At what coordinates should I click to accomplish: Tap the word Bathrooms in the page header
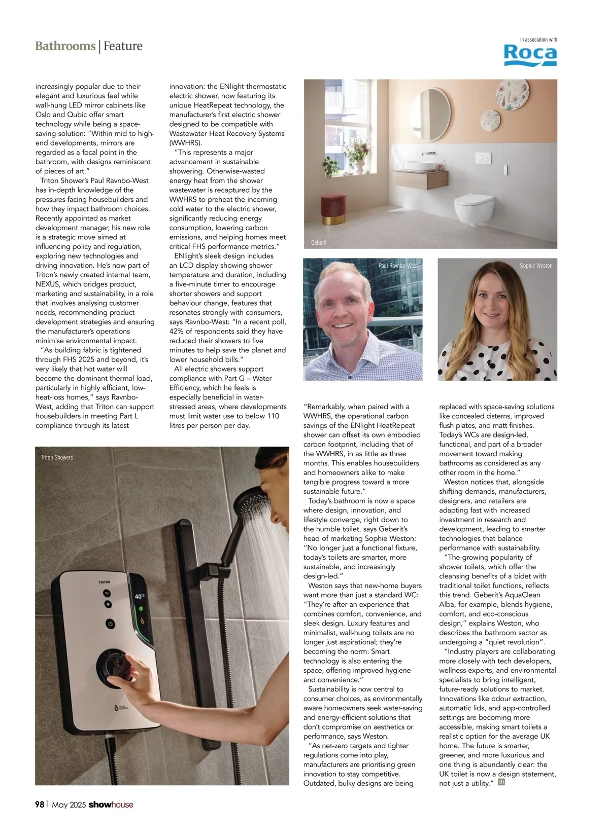(x=65, y=46)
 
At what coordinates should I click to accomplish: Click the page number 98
(x=40, y=805)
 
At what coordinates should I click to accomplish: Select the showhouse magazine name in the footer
(x=111, y=805)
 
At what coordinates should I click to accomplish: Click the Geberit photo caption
(x=319, y=243)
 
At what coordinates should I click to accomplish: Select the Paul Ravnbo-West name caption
(x=398, y=266)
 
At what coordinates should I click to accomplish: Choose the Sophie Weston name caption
(x=535, y=266)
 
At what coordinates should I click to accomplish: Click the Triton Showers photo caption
(x=57, y=458)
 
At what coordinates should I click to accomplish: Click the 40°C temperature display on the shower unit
(x=140, y=597)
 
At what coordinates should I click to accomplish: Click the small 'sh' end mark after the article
(x=501, y=782)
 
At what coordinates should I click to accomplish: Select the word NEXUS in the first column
(x=48, y=284)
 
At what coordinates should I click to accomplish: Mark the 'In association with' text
(x=538, y=40)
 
